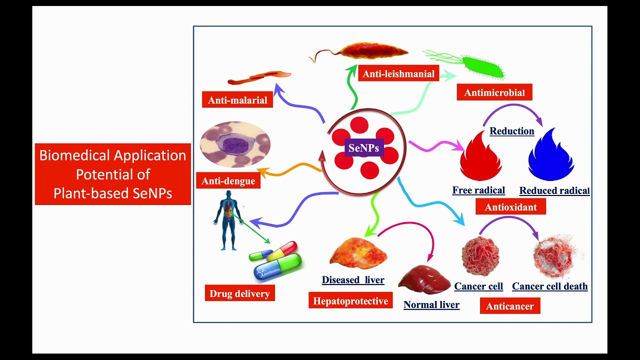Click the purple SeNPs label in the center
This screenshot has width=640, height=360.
point(363,148)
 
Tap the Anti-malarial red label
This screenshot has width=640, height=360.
point(237,100)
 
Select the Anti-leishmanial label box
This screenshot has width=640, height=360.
point(398,73)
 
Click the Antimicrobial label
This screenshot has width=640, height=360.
point(494,92)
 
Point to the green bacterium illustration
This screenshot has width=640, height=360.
point(482,67)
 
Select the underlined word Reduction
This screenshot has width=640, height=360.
point(511,131)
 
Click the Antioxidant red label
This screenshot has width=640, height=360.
point(510,207)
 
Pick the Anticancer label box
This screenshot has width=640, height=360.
point(509,306)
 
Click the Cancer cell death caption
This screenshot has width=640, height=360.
point(549,286)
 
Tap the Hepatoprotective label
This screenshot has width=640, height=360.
point(350,301)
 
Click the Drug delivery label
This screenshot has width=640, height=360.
point(239,293)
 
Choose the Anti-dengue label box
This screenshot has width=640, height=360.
point(228,181)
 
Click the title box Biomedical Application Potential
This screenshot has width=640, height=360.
point(112,174)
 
